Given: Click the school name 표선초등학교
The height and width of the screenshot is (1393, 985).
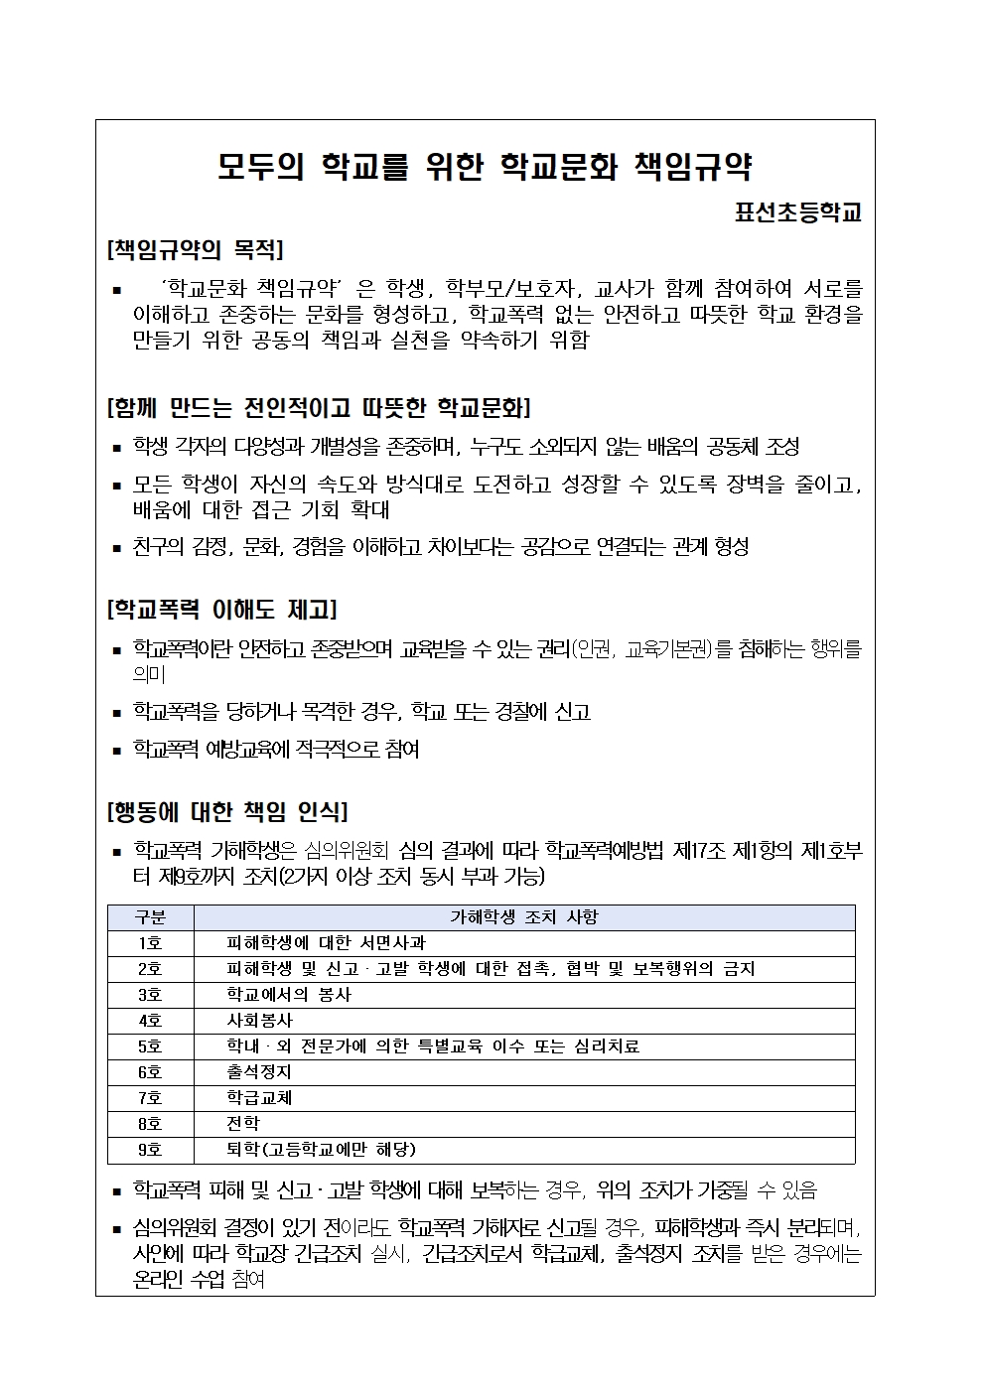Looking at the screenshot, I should (x=797, y=211).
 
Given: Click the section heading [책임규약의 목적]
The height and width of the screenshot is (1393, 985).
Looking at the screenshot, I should (x=195, y=248).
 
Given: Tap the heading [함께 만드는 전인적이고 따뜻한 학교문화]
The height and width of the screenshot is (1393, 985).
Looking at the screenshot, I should (x=318, y=407).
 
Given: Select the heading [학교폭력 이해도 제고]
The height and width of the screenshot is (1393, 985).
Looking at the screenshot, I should (x=221, y=609).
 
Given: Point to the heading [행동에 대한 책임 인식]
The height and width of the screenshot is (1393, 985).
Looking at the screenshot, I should (x=226, y=811).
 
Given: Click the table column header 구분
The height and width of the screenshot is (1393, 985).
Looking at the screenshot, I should (x=150, y=917).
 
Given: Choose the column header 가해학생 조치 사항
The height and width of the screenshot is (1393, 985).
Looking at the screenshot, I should (x=524, y=917).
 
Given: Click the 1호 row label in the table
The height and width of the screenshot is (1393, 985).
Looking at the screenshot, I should (x=150, y=943).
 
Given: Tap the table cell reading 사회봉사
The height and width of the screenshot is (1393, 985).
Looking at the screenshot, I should (x=260, y=1021).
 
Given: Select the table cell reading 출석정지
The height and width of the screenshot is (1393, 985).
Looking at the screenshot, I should (x=260, y=1072).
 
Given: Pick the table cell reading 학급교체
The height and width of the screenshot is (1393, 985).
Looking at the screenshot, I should (x=260, y=1098).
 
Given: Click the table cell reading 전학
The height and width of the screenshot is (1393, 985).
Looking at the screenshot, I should (x=243, y=1124).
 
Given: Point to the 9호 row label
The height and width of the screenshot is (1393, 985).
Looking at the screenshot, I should (x=150, y=1150).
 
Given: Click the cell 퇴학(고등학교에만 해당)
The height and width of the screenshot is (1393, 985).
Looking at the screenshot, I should (x=321, y=1150).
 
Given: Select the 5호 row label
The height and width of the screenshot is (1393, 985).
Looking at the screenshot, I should (x=150, y=1046).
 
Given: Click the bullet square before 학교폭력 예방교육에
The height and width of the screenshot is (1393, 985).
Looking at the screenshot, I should (x=116, y=751).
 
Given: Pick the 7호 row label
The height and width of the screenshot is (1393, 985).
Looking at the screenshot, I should (x=150, y=1098).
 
